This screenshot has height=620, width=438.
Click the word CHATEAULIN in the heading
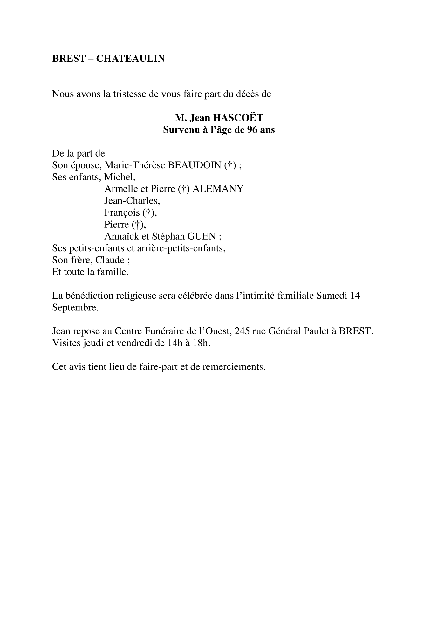coord(130,59)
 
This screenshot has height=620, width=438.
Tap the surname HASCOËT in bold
coord(238,118)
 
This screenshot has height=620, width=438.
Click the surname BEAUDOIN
coord(194,165)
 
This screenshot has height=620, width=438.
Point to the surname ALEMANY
coord(218,189)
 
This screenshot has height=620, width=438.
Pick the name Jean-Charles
coord(132,201)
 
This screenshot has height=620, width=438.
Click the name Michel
coord(119,177)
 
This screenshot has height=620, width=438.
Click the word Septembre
coord(75,308)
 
